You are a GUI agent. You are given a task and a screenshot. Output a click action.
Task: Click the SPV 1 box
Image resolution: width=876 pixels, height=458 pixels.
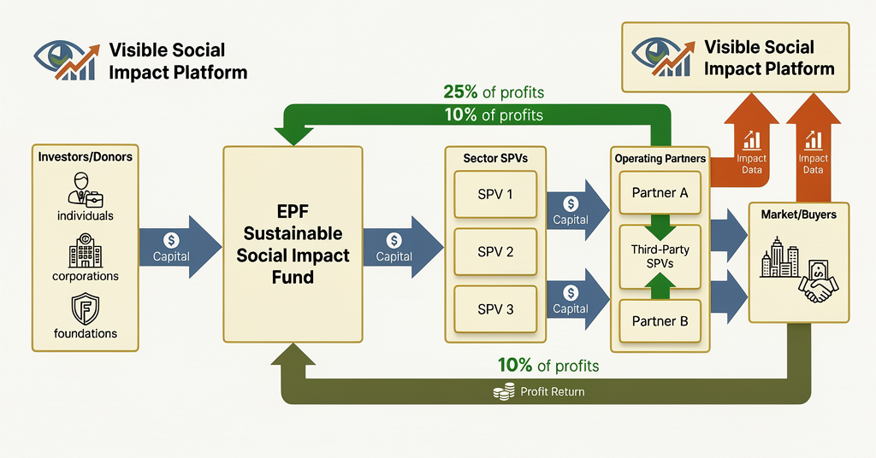click(495, 194)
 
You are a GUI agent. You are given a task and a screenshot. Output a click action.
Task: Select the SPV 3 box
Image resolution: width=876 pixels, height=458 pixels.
click(495, 309)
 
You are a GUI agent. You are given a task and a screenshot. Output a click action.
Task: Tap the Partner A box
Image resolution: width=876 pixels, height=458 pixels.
click(660, 193)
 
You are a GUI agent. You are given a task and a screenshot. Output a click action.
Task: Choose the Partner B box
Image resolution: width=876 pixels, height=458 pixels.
click(660, 322)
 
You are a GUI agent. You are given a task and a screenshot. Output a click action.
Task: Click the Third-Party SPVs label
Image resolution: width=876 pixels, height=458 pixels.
click(660, 256)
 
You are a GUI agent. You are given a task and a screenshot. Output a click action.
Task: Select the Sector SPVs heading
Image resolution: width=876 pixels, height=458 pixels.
click(496, 159)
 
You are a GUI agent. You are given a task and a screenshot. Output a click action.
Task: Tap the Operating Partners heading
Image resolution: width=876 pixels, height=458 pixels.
click(660, 159)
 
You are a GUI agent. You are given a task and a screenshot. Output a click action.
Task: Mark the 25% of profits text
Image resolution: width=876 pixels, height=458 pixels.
click(494, 92)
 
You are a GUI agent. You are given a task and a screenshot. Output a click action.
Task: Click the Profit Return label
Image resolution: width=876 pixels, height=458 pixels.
click(553, 392)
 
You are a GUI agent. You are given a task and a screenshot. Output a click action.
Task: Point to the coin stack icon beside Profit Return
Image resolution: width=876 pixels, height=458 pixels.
click(504, 392)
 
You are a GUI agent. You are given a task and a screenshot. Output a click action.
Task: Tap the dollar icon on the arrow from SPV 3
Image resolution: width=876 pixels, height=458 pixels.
click(571, 292)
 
